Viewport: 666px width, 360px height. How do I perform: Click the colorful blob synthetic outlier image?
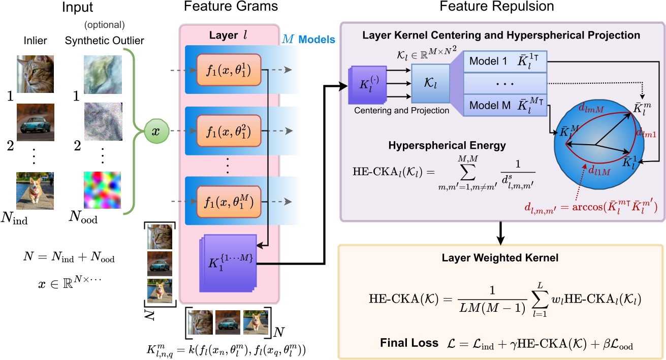pyautogui.click(x=102, y=191)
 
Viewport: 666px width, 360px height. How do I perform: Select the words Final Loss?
pyautogui.click(x=409, y=343)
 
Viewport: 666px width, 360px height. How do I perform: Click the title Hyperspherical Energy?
pyautogui.click(x=447, y=145)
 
